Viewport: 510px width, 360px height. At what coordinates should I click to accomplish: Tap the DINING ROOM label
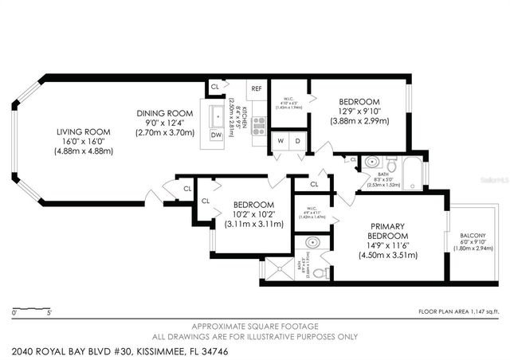point(165,112)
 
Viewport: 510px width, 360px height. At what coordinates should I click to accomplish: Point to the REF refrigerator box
point(257,89)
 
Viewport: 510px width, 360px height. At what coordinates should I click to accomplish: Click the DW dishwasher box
point(216,135)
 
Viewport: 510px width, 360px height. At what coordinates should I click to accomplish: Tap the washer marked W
point(280,142)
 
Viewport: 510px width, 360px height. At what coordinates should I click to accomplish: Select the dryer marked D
point(298,142)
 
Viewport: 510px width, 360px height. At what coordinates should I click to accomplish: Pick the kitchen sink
point(216,116)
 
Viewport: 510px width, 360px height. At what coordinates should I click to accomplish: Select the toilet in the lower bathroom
point(319,272)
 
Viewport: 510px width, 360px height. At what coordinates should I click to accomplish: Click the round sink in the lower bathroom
point(312,242)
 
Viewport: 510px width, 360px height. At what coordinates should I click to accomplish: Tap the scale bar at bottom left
point(33,307)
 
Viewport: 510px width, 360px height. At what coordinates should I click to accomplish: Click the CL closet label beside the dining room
point(214,87)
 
